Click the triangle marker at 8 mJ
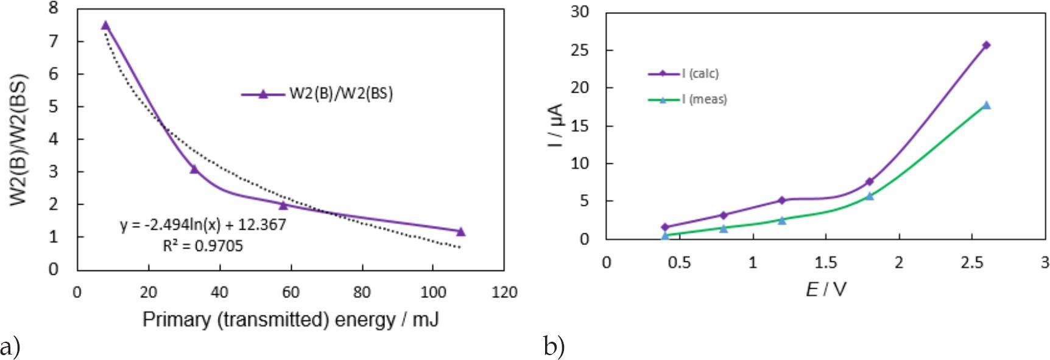(x=105, y=26)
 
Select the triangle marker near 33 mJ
(x=194, y=169)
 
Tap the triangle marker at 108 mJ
(x=461, y=231)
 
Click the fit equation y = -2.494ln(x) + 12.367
(x=203, y=225)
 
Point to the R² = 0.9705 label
(x=199, y=246)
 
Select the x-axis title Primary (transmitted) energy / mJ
(x=291, y=319)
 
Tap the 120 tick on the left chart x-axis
(x=504, y=293)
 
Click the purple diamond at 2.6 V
(x=986, y=45)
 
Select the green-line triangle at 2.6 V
(x=986, y=105)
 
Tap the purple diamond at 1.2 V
(x=782, y=200)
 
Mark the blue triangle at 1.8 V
(x=869, y=196)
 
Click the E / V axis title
(x=826, y=289)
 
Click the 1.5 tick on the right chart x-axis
(x=826, y=263)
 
